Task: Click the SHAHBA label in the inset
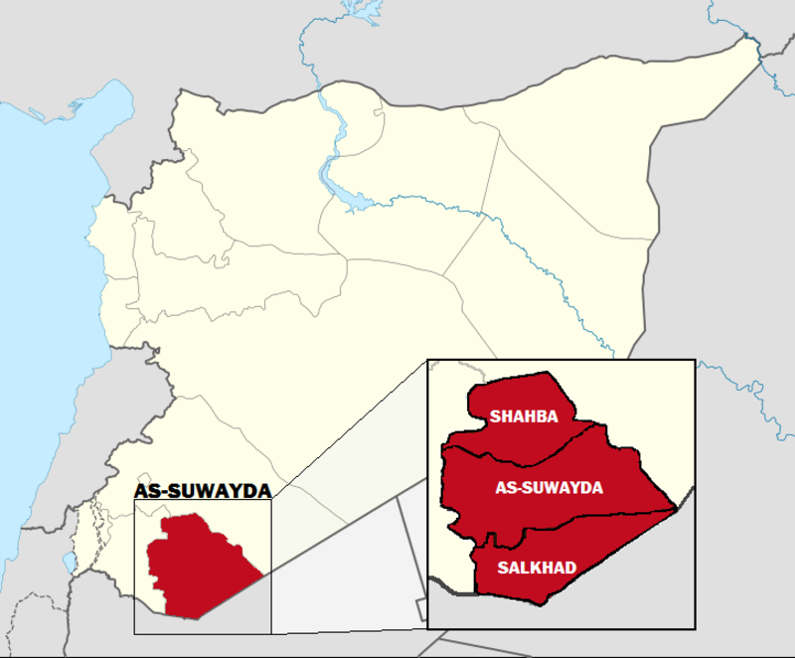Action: point(524,416)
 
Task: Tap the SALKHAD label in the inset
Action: point(538,567)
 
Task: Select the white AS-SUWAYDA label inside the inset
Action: point(550,488)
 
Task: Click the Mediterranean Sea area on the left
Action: point(40,298)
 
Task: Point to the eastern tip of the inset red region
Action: point(676,509)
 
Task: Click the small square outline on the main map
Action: point(422,603)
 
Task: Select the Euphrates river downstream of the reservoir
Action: point(517,248)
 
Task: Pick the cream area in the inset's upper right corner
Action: point(646,408)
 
